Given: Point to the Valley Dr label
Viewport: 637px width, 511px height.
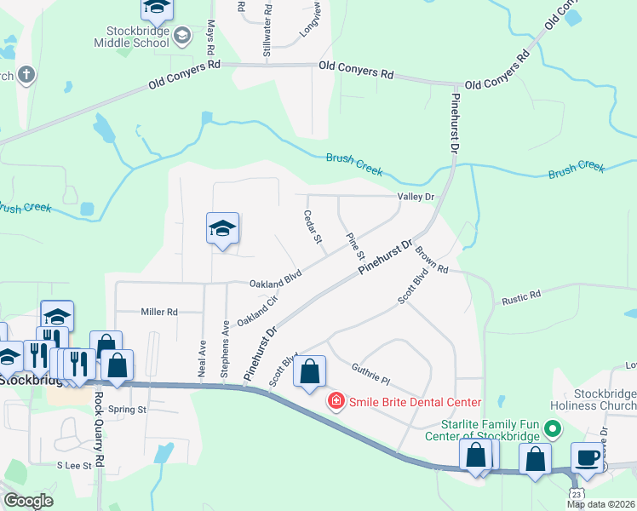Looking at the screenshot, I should click(x=416, y=197).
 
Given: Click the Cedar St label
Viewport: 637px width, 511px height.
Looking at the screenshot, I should click(x=313, y=229).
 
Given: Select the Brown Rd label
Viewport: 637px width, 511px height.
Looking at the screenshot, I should click(x=431, y=256).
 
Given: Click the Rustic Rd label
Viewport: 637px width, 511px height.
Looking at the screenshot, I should click(x=521, y=296).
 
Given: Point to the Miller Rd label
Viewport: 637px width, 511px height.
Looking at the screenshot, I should click(x=159, y=313).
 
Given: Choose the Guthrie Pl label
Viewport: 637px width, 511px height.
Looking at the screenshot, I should click(x=370, y=374).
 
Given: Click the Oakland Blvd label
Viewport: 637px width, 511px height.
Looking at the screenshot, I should click(x=276, y=282).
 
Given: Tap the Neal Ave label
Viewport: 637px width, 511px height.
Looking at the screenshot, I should click(x=203, y=360).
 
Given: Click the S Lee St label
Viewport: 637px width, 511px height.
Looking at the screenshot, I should click(x=73, y=465).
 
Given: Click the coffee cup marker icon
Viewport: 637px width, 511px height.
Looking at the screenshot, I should click(x=587, y=456).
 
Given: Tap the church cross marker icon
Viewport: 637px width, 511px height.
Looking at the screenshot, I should click(x=26, y=74).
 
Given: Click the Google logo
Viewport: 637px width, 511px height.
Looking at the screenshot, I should click(x=28, y=501).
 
